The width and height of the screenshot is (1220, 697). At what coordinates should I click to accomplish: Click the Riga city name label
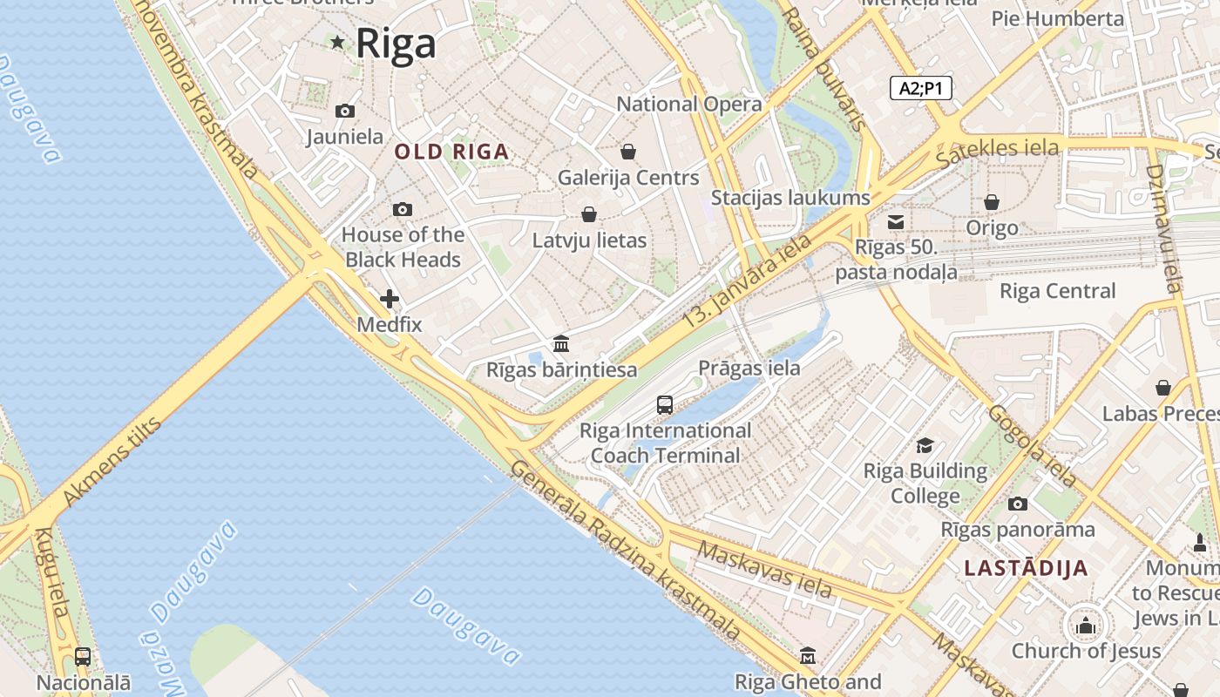[x=396, y=43]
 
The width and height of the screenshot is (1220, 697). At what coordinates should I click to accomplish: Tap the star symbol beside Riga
[x=337, y=42]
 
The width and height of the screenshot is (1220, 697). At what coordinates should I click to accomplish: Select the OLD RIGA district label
[x=451, y=152]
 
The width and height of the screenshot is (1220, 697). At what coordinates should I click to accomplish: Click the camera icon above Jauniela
[x=345, y=111]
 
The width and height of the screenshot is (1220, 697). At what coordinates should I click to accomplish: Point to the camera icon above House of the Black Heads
[x=402, y=209]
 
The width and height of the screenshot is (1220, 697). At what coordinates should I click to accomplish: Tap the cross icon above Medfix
[x=390, y=300]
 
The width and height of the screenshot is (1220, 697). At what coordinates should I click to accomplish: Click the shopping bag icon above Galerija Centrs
[x=627, y=152]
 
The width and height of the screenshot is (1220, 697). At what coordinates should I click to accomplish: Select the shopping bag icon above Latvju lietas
[x=589, y=214]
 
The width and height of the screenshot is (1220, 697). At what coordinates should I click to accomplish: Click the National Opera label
[x=688, y=104]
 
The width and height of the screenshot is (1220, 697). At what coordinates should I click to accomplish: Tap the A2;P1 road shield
[x=921, y=88]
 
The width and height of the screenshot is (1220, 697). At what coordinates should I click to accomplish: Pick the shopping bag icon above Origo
[x=992, y=202]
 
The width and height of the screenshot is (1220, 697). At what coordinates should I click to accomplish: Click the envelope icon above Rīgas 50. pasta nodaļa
[x=896, y=222]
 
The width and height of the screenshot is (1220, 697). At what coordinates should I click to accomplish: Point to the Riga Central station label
[x=1057, y=291]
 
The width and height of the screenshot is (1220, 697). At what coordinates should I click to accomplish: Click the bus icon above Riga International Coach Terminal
[x=665, y=404]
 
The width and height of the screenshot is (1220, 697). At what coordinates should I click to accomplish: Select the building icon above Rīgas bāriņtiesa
[x=561, y=343]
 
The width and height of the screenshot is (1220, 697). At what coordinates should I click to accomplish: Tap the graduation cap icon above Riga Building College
[x=925, y=445]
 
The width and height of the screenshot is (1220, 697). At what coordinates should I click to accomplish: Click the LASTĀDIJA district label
[x=1026, y=569]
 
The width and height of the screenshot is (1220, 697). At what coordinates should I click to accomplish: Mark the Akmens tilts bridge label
[x=113, y=462]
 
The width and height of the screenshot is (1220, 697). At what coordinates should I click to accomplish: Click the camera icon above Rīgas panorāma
[x=1017, y=504]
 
